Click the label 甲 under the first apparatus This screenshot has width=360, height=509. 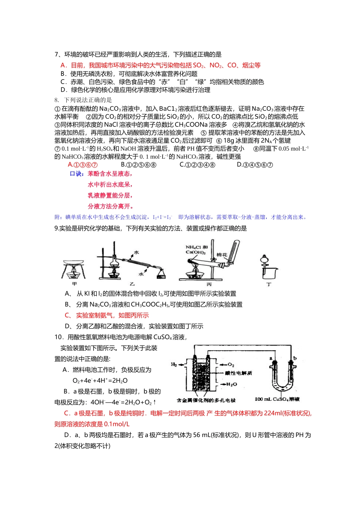(x=75, y=284)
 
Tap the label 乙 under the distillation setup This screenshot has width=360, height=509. (x=132, y=284)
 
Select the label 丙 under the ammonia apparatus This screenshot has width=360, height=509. (x=209, y=284)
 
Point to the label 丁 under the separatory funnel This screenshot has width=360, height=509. (x=269, y=284)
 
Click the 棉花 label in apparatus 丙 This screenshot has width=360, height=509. (x=222, y=255)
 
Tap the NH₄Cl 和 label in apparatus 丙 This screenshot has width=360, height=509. (x=196, y=247)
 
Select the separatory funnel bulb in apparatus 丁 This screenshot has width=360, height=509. (x=264, y=261)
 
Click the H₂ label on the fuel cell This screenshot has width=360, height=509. (x=174, y=365)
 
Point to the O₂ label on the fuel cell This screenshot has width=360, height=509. (x=231, y=365)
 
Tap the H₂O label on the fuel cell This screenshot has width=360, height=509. (x=232, y=384)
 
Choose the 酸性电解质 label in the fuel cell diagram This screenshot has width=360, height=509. (x=238, y=373)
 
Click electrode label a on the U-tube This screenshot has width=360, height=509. (x=271, y=358)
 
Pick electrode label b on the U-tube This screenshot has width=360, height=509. (x=295, y=358)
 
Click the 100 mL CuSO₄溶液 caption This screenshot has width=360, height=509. (x=277, y=399)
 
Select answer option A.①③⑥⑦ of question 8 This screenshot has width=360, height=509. (x=83, y=165)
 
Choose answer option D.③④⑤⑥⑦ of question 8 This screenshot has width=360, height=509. (x=255, y=165)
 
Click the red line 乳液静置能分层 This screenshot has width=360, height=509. (x=110, y=195)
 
